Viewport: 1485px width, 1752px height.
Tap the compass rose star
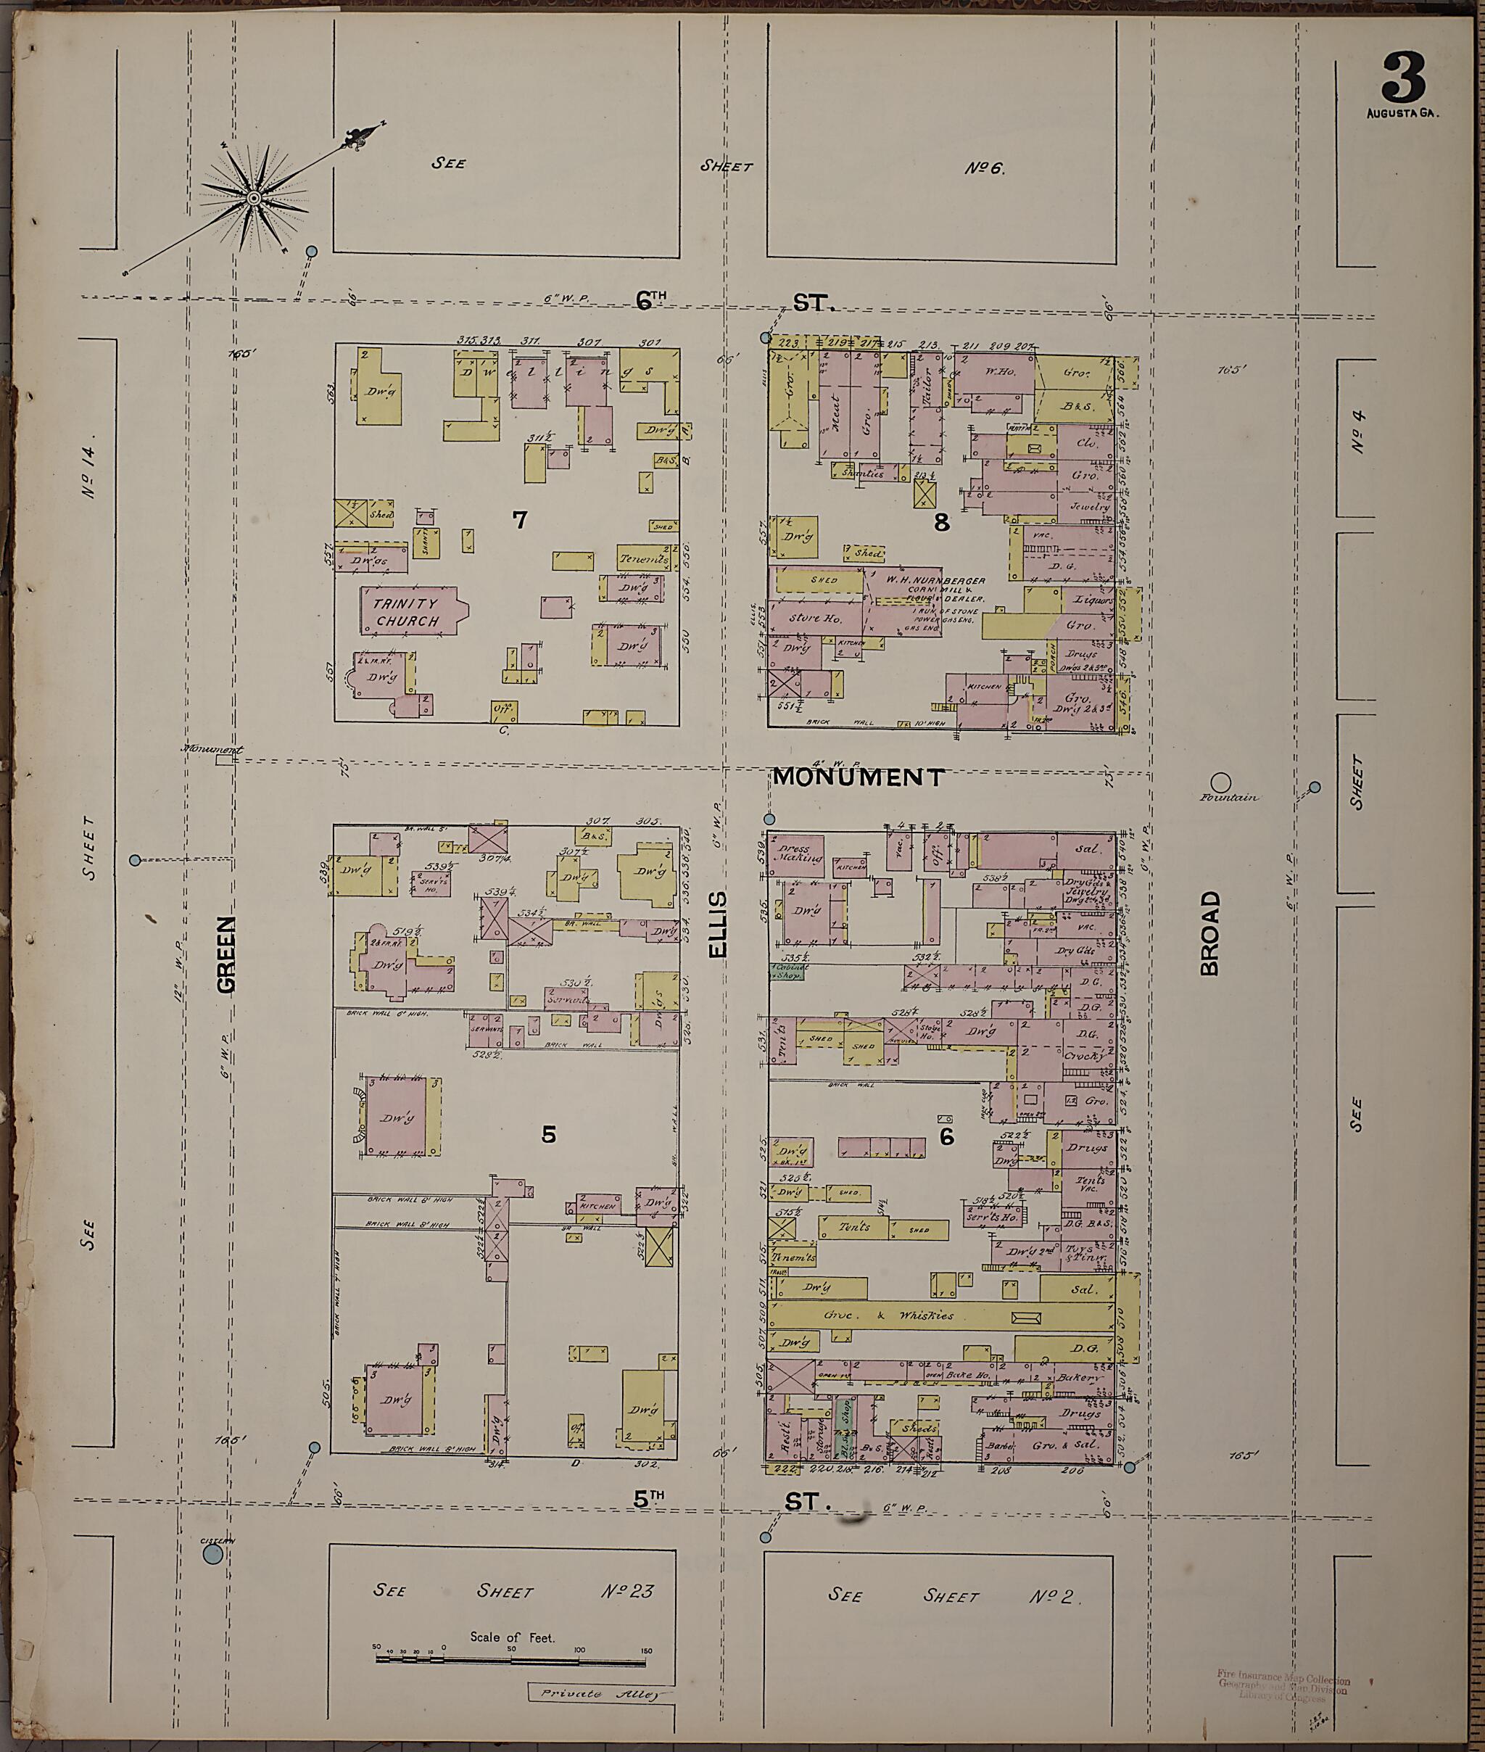click(x=252, y=198)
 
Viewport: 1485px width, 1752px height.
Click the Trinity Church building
click(x=408, y=612)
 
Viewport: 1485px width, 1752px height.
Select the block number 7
click(x=520, y=520)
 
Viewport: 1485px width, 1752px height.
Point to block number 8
click(x=941, y=523)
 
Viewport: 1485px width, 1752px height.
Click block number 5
click(x=548, y=1134)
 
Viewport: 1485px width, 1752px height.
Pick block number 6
click(x=947, y=1137)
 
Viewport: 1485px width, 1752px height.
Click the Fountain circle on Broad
click(x=1220, y=782)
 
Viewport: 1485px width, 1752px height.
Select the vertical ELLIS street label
click(x=717, y=925)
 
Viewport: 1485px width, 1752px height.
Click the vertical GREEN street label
click(x=226, y=956)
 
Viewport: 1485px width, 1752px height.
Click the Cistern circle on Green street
click(x=213, y=1553)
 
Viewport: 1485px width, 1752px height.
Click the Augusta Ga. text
click(x=1402, y=113)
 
